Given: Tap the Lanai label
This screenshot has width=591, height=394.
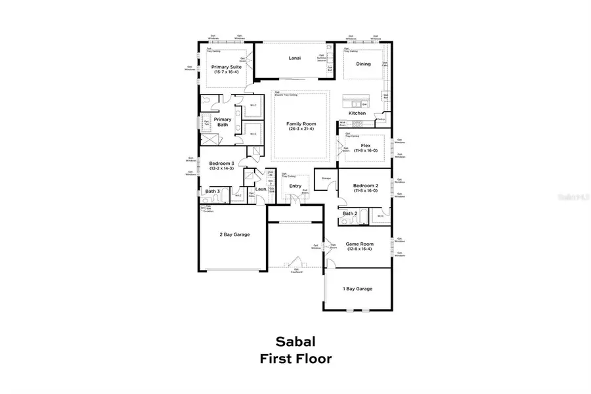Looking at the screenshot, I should click(x=295, y=58).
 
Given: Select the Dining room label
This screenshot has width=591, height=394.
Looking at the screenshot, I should click(x=363, y=64).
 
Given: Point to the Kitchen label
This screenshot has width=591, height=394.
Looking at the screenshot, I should click(x=357, y=114).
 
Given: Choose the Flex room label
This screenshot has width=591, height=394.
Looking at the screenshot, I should click(x=366, y=145).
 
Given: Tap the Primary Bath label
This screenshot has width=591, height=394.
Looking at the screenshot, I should click(x=223, y=122).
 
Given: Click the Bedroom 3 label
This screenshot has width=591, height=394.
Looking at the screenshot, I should click(x=221, y=164).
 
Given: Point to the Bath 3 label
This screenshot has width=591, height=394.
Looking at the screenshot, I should click(x=212, y=192).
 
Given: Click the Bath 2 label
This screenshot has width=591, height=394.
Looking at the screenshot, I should click(x=350, y=213).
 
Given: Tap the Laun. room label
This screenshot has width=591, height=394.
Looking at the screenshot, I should click(x=261, y=189).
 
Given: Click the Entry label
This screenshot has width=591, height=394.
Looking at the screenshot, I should click(x=295, y=186).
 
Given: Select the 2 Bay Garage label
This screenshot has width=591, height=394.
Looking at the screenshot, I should click(x=234, y=234).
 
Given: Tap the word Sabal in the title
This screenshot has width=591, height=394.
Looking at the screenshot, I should click(x=295, y=342).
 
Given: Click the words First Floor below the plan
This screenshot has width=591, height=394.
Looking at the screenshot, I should click(x=295, y=359).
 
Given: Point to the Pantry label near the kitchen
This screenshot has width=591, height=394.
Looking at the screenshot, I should click(x=380, y=120).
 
